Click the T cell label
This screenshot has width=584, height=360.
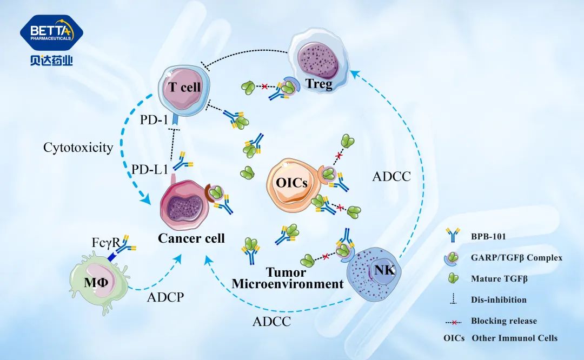point(184,88)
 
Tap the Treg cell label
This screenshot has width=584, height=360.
point(320,84)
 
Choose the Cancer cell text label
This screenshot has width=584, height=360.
point(191,237)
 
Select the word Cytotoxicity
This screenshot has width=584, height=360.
point(78,147)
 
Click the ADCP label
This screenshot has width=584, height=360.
point(165,296)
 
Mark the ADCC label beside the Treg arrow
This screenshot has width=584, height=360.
point(392,176)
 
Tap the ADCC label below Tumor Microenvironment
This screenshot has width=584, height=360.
point(272,322)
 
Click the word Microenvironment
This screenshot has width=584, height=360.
point(288,284)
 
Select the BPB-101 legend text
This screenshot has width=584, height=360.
point(489,236)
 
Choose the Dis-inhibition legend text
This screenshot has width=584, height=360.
point(499,299)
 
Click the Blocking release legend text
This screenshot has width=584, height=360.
point(504,321)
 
